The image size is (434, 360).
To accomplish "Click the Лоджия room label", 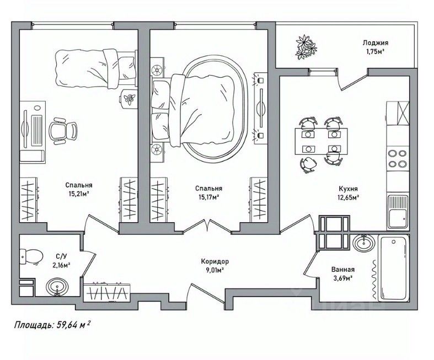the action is coord(376,42).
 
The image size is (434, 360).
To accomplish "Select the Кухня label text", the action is coord(349,188).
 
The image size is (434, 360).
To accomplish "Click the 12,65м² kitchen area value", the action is coord(349,197).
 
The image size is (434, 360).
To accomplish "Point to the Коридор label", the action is coord(215,261).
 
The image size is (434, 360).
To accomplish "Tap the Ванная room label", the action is coord(342,270).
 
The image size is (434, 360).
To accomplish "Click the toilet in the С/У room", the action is coord(32,255).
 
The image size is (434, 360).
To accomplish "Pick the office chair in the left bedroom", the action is coord(63,131).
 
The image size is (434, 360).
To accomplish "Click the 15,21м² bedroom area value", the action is coord(78,194).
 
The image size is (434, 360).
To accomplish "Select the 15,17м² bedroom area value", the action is coord(208,196).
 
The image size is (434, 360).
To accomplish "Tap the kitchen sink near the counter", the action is coord(397,212).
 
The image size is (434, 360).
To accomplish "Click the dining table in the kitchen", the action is coord(320,141).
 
